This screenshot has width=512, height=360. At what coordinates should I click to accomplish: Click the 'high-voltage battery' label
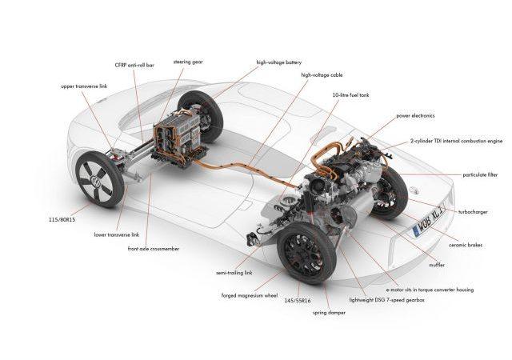(278, 62)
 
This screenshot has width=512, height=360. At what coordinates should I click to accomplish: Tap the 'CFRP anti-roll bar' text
(134, 65)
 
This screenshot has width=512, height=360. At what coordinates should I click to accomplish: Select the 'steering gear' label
(188, 62)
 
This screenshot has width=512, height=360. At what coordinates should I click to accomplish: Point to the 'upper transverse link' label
(84, 86)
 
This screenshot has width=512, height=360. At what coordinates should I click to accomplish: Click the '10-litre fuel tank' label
(350, 95)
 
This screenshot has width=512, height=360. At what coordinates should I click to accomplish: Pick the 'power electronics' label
(415, 116)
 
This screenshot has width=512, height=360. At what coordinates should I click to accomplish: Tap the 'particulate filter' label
(480, 175)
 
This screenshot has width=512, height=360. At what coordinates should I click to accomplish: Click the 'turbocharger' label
(473, 212)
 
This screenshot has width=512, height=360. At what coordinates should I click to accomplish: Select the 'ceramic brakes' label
(465, 245)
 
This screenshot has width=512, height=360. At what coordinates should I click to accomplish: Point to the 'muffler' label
(436, 265)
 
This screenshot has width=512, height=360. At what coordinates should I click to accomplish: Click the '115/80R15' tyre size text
(62, 220)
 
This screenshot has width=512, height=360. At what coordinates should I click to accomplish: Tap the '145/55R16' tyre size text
(297, 301)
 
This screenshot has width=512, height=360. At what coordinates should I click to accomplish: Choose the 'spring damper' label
(329, 313)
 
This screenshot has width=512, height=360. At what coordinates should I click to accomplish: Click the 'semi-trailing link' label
(234, 273)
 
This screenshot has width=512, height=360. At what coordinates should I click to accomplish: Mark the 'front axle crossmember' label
(153, 249)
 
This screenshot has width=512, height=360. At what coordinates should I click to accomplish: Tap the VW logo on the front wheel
(95, 180)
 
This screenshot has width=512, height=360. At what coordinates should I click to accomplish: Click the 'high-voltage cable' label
(322, 75)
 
